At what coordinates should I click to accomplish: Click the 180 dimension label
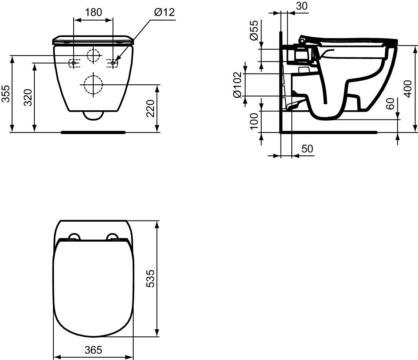[93, 13]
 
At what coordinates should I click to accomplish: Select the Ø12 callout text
[164, 13]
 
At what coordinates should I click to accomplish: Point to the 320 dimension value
[28, 98]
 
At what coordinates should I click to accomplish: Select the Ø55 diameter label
[254, 31]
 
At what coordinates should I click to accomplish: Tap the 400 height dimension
[408, 88]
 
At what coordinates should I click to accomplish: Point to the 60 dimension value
[390, 104]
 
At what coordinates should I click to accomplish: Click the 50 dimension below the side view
[307, 149]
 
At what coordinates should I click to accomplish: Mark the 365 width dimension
[93, 350]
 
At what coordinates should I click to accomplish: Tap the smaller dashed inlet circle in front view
[93, 55]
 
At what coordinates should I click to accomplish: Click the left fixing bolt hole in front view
[74, 63]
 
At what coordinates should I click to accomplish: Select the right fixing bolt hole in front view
[113, 63]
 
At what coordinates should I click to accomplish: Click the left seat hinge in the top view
[74, 237]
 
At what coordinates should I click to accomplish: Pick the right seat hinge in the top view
[112, 237]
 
